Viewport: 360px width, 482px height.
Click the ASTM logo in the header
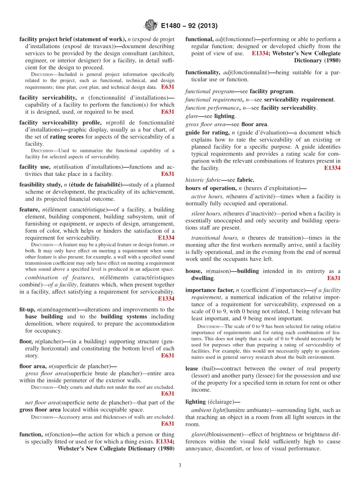coord(151,26)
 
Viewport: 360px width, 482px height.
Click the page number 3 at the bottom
coord(180,465)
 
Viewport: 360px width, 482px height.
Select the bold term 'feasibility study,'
coord(41,185)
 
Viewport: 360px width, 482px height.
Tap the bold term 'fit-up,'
coord(27,310)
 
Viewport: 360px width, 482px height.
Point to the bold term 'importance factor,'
coord(210,290)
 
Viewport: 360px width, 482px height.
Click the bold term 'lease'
coord(192,368)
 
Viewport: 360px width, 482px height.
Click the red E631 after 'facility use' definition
coord(167,174)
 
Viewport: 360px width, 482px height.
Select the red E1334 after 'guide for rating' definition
coord(332,168)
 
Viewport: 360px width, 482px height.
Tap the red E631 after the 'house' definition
coord(333,278)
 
